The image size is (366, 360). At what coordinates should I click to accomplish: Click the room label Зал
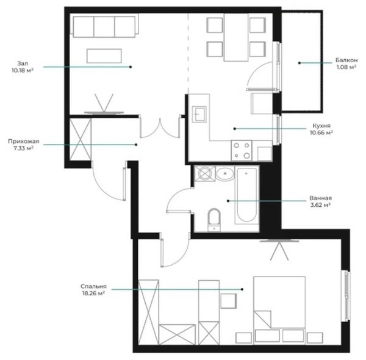(x=23, y=63)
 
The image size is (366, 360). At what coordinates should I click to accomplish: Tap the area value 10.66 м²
(x=321, y=132)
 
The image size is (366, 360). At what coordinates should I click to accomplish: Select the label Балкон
(x=346, y=60)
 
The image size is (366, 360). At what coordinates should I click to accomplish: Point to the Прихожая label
(x=24, y=141)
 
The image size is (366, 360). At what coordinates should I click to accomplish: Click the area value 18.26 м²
(x=93, y=293)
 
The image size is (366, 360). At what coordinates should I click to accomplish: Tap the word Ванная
(x=320, y=198)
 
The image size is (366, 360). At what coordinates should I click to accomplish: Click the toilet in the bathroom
(x=214, y=220)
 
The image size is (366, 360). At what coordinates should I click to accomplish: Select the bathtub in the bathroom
(x=246, y=195)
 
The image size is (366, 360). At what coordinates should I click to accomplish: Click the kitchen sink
(x=199, y=114)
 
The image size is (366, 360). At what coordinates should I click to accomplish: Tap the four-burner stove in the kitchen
(x=242, y=150)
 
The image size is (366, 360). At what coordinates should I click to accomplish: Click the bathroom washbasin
(x=224, y=174)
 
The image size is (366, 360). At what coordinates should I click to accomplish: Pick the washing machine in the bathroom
(x=205, y=174)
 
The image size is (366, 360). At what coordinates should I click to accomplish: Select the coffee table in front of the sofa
(x=104, y=56)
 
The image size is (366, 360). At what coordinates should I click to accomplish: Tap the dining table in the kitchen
(x=236, y=37)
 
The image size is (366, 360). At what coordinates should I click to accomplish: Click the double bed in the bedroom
(x=279, y=311)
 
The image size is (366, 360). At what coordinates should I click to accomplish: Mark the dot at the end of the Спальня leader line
(x=242, y=289)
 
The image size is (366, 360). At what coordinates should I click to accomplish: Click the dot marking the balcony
(x=300, y=63)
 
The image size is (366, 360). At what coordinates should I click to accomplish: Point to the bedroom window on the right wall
(x=346, y=296)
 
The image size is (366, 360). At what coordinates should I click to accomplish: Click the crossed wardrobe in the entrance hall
(x=81, y=139)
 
